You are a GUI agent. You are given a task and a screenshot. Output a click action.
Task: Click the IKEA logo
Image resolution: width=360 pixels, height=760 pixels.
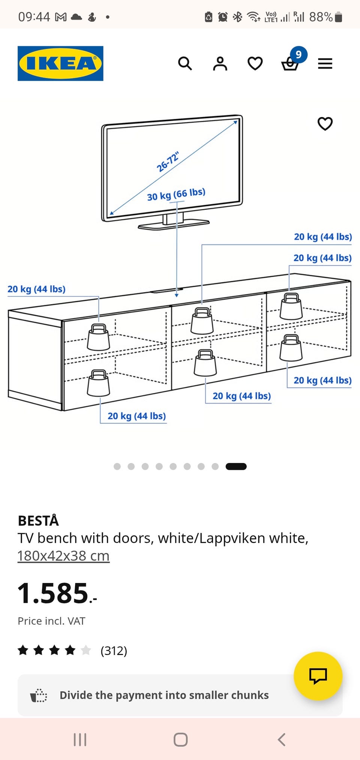[60, 63]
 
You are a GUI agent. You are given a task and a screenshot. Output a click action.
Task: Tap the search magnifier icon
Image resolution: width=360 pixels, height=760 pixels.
[185, 63]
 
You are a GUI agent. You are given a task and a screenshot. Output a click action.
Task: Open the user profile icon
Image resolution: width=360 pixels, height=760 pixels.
[220, 63]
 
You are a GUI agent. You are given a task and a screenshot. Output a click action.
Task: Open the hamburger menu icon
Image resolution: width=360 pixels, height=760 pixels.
[325, 63]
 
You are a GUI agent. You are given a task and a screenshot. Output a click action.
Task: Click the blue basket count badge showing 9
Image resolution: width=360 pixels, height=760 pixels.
[298, 55]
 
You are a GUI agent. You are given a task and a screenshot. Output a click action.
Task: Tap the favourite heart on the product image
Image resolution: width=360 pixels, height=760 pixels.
[325, 124]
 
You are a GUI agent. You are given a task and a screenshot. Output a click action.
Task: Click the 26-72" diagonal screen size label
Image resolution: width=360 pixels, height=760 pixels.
[168, 162]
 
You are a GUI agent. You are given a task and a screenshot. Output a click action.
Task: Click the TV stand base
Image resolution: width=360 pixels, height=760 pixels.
[174, 224]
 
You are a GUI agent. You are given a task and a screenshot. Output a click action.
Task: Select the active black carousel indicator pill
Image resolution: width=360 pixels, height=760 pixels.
[236, 466]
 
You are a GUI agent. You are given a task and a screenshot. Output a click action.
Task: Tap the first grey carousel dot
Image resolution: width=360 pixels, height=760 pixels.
[117, 466]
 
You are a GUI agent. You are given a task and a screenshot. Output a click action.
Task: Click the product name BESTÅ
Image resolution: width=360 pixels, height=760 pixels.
[38, 521]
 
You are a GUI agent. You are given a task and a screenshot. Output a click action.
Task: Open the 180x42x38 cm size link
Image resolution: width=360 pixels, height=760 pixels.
[63, 556]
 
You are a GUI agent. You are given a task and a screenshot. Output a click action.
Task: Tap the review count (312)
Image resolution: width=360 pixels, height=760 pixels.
[114, 651]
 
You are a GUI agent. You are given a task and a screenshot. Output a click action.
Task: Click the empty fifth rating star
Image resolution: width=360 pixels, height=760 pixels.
[86, 650]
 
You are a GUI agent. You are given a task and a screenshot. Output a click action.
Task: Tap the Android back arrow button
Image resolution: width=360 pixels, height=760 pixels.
[282, 740]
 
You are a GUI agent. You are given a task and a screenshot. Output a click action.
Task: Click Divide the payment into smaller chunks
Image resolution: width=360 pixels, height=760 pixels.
[164, 695]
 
